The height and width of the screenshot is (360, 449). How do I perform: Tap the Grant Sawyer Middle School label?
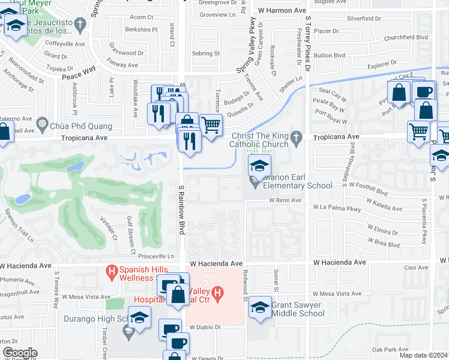pos(298,309)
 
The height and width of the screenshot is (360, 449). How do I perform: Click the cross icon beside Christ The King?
pos(295,137)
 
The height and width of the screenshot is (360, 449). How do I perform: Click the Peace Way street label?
pos(79,70)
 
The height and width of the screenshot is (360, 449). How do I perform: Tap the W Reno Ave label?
pos(285,200)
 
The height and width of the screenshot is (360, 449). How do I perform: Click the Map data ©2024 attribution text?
pos(423,355)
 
